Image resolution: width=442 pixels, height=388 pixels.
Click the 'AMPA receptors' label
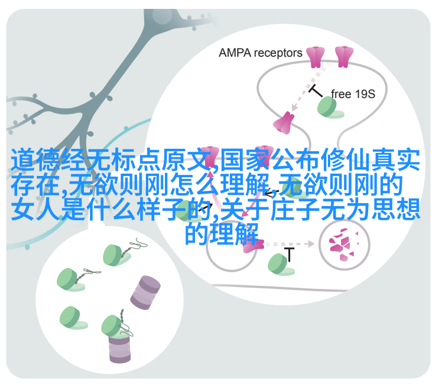(260, 53)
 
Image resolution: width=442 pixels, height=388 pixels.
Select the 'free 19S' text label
(353, 94)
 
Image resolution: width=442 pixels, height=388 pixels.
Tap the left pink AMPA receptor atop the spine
(315, 57)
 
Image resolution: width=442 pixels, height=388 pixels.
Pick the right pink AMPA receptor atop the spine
(344, 57)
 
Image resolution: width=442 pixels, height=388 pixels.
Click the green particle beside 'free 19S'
(329, 107)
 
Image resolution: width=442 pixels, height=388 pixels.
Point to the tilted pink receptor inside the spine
(284, 123)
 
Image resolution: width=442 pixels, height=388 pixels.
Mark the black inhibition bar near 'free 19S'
(316, 91)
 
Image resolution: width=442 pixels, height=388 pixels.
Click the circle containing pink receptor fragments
(344, 244)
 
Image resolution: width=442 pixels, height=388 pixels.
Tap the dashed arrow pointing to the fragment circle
(290, 244)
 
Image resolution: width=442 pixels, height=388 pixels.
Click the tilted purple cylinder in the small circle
(145, 293)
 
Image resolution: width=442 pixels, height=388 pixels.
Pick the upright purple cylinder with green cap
(119, 347)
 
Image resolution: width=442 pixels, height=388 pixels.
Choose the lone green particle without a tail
(73, 318)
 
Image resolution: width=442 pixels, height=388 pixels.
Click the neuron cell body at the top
(162, 17)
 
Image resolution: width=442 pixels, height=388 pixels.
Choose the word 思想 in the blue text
(395, 210)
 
